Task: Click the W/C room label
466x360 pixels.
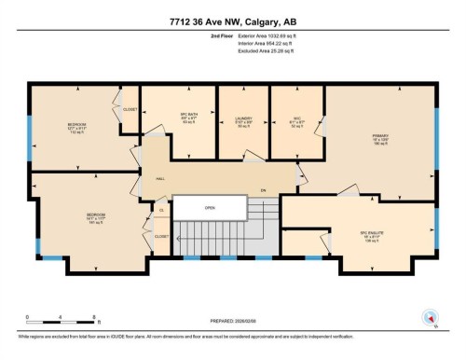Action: [296, 119]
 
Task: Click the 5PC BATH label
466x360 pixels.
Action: [191, 119]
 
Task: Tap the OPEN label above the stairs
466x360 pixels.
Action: [210, 207]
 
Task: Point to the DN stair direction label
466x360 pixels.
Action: [263, 190]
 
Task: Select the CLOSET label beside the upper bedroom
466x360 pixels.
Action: [130, 108]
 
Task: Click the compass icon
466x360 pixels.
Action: [430, 317]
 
